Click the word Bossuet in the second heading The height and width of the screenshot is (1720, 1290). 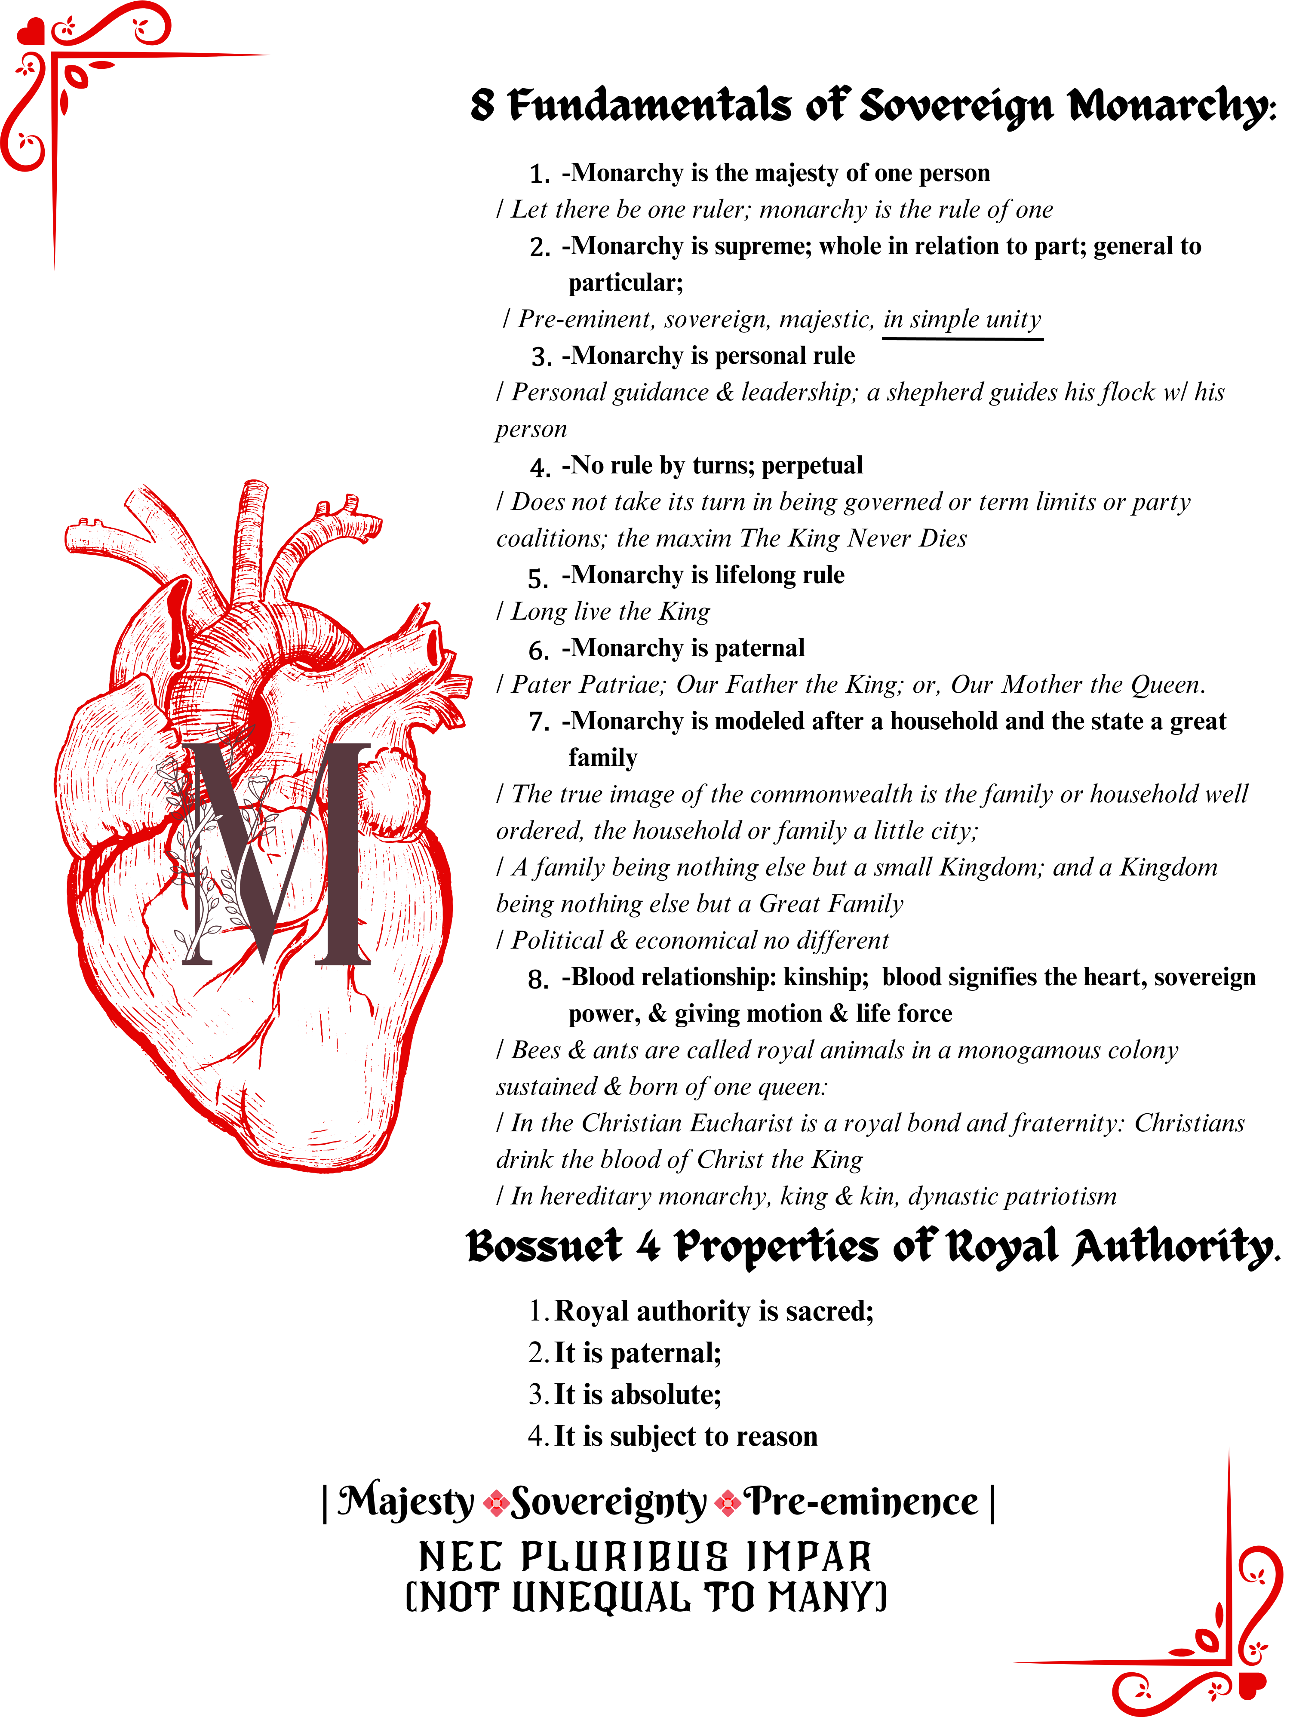click(544, 1247)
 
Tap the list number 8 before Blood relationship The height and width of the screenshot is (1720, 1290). click(537, 980)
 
